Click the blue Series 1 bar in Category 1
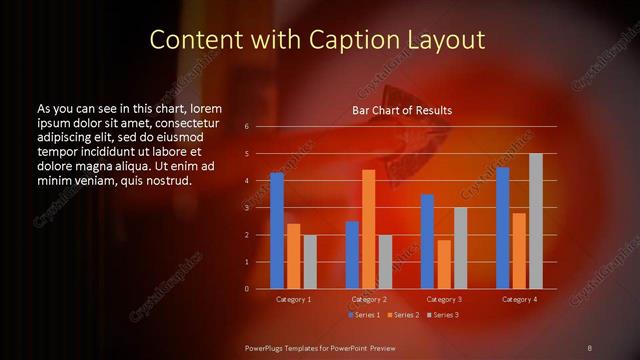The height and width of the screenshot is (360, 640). coord(277,231)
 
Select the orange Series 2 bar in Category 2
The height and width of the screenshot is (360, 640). coord(369,229)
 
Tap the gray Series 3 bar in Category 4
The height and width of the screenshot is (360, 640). coord(536,221)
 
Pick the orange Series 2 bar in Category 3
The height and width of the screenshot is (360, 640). coord(444,264)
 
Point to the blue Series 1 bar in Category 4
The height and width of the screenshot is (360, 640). coord(503,228)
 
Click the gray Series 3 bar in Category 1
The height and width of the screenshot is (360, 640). coord(310,262)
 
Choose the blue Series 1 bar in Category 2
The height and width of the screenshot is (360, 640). coord(352,255)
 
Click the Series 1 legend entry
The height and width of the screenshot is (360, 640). coord(364,315)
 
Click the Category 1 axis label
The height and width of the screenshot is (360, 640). coord(294,299)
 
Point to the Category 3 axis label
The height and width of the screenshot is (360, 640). coord(444,299)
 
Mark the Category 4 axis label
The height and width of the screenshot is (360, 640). coord(519,299)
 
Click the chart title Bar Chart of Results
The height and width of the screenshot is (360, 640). coord(402,110)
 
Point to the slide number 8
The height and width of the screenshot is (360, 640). coord(589,347)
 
